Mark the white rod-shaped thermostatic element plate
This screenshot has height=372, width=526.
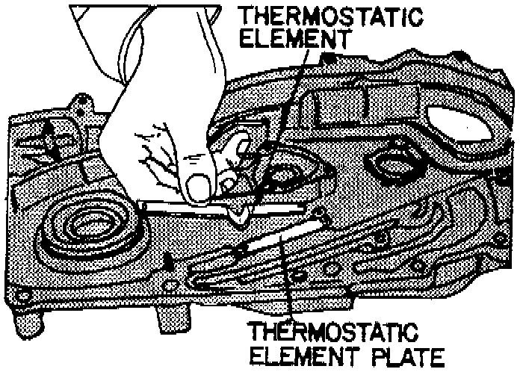click(x=280, y=239)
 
